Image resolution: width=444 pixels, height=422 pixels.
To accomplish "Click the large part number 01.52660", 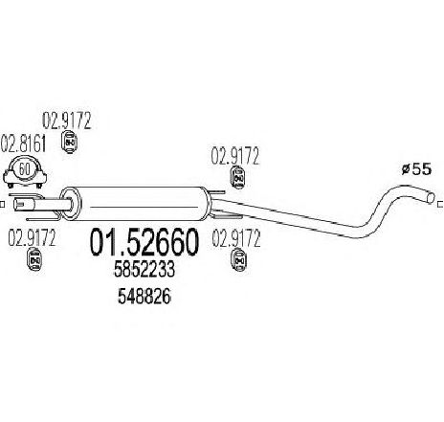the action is click(144, 243).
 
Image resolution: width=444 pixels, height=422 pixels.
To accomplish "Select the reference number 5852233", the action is click(144, 269).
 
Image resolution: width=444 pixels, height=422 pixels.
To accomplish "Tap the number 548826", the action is click(144, 297).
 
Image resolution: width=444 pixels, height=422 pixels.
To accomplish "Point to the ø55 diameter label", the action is click(416, 169).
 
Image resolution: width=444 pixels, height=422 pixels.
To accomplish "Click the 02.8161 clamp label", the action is click(23, 144).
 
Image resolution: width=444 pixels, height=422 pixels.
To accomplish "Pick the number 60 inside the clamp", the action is click(25, 168).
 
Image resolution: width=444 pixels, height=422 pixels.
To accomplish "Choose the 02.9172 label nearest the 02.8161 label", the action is click(67, 121).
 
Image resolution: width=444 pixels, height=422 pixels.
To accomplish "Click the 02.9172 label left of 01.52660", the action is click(32, 237).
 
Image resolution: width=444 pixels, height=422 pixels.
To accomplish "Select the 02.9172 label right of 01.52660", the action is click(236, 239).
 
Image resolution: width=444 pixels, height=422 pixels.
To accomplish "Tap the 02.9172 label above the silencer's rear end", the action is click(235, 156).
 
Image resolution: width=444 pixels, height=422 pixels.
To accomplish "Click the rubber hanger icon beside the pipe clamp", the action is click(69, 142).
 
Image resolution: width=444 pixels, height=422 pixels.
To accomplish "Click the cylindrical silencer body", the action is click(142, 204).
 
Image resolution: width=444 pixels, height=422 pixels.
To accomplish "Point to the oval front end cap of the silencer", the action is click(71, 204).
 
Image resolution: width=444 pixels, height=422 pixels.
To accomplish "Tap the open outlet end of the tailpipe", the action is click(431, 197).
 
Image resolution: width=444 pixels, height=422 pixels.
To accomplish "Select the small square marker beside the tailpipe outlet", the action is click(441, 204).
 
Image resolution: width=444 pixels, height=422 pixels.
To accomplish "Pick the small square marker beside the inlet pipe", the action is click(2, 204).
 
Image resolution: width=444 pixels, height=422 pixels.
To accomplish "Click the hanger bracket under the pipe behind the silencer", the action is click(227, 214).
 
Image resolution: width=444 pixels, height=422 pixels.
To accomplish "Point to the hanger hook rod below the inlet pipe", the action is click(43, 218).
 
